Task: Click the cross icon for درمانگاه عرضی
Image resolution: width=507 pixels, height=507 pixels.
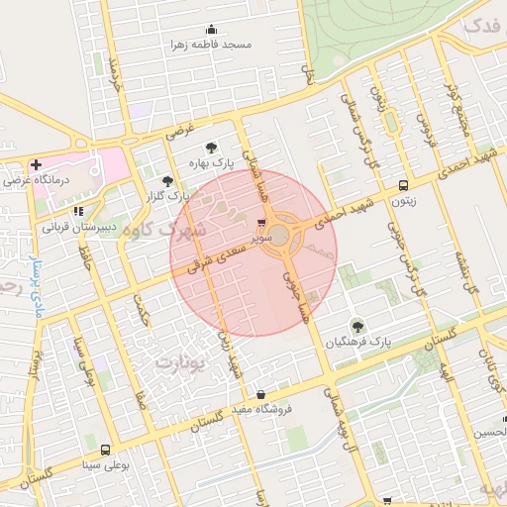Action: pos(37,164)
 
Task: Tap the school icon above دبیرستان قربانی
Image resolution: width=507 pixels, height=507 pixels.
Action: pos(78,211)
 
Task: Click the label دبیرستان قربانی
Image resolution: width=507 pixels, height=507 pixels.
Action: pos(78,226)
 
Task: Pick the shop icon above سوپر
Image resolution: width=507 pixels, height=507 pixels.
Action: pos(260,224)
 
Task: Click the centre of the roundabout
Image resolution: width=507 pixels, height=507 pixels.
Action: pos(280,236)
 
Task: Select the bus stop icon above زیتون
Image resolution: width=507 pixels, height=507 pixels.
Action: pos(403,185)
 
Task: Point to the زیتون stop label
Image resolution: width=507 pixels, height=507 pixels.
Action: pos(403,200)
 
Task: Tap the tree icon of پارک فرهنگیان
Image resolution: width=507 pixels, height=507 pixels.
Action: pos(356,326)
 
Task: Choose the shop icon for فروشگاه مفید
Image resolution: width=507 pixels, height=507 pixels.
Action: pos(260,394)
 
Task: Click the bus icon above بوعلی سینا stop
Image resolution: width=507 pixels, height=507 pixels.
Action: pos(105,450)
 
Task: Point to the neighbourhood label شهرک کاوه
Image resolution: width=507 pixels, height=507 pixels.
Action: pos(197,230)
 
